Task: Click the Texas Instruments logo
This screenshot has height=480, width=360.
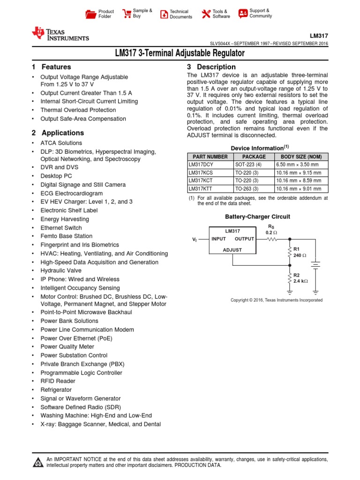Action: point(60,33)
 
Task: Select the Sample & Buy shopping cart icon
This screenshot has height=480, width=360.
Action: point(127,14)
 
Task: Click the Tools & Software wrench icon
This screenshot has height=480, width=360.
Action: point(206,14)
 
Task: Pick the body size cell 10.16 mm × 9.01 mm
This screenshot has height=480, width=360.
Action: point(301,189)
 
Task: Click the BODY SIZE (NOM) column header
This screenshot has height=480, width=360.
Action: point(301,157)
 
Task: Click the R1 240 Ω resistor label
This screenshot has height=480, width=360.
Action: point(300,252)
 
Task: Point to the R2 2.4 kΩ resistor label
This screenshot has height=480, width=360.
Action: point(300,278)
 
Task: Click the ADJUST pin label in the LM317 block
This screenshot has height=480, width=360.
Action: point(232,250)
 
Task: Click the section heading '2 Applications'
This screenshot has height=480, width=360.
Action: point(58,133)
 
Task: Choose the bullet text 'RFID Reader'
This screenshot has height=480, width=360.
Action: point(58,381)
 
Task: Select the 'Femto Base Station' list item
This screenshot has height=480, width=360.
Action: point(66,236)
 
